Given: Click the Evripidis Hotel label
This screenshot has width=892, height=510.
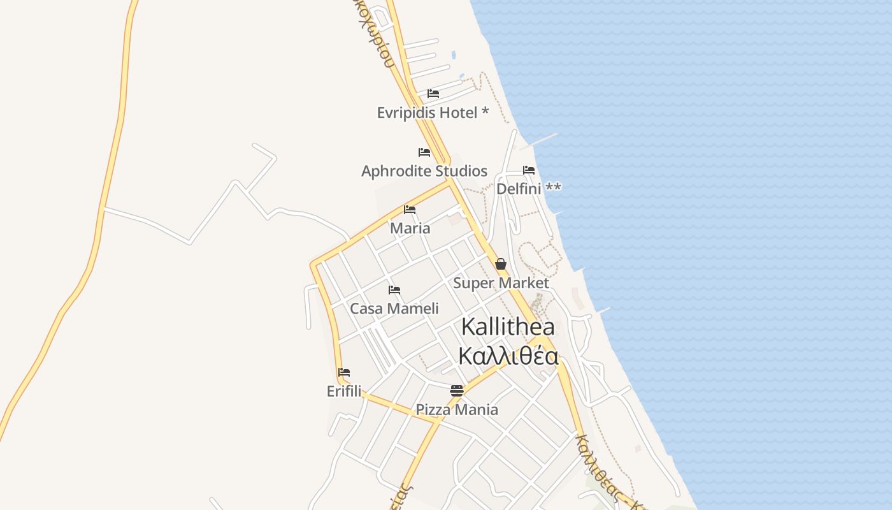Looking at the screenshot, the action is pyautogui.click(x=427, y=113).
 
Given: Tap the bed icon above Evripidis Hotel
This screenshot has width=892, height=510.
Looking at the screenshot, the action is pyautogui.click(x=433, y=94).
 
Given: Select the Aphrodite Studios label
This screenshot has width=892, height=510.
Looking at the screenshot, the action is pyautogui.click(x=424, y=171).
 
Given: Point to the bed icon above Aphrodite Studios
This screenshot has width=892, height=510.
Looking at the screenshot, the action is pyautogui.click(x=424, y=152).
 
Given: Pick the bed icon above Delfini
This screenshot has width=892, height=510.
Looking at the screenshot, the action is pyautogui.click(x=529, y=170).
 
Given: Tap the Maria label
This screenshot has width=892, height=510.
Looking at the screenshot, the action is pyautogui.click(x=410, y=228).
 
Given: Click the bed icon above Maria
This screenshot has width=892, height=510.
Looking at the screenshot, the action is pyautogui.click(x=410, y=210).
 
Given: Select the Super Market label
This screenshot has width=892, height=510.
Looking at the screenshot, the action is pyautogui.click(x=501, y=282).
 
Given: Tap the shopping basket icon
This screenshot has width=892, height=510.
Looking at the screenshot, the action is pyautogui.click(x=501, y=264).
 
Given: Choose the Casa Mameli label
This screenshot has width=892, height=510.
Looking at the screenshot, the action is pyautogui.click(x=394, y=309).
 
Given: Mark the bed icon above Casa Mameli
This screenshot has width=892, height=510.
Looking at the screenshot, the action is pyautogui.click(x=394, y=290).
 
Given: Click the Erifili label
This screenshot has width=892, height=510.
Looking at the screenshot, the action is pyautogui.click(x=344, y=391).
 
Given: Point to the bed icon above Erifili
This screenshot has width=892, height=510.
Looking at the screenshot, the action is pyautogui.click(x=344, y=372).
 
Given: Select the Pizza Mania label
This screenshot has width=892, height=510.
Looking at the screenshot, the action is pyautogui.click(x=457, y=409).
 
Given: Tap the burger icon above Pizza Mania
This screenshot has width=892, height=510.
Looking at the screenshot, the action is pyautogui.click(x=457, y=390).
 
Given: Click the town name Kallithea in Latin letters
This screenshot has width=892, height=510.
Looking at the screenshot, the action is pyautogui.click(x=508, y=327).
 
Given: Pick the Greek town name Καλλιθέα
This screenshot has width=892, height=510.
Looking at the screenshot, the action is pyautogui.click(x=508, y=356).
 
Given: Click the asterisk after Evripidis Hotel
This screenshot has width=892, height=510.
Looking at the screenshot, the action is pyautogui.click(x=486, y=112).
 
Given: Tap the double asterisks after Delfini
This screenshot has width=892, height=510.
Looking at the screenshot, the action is pyautogui.click(x=554, y=188).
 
